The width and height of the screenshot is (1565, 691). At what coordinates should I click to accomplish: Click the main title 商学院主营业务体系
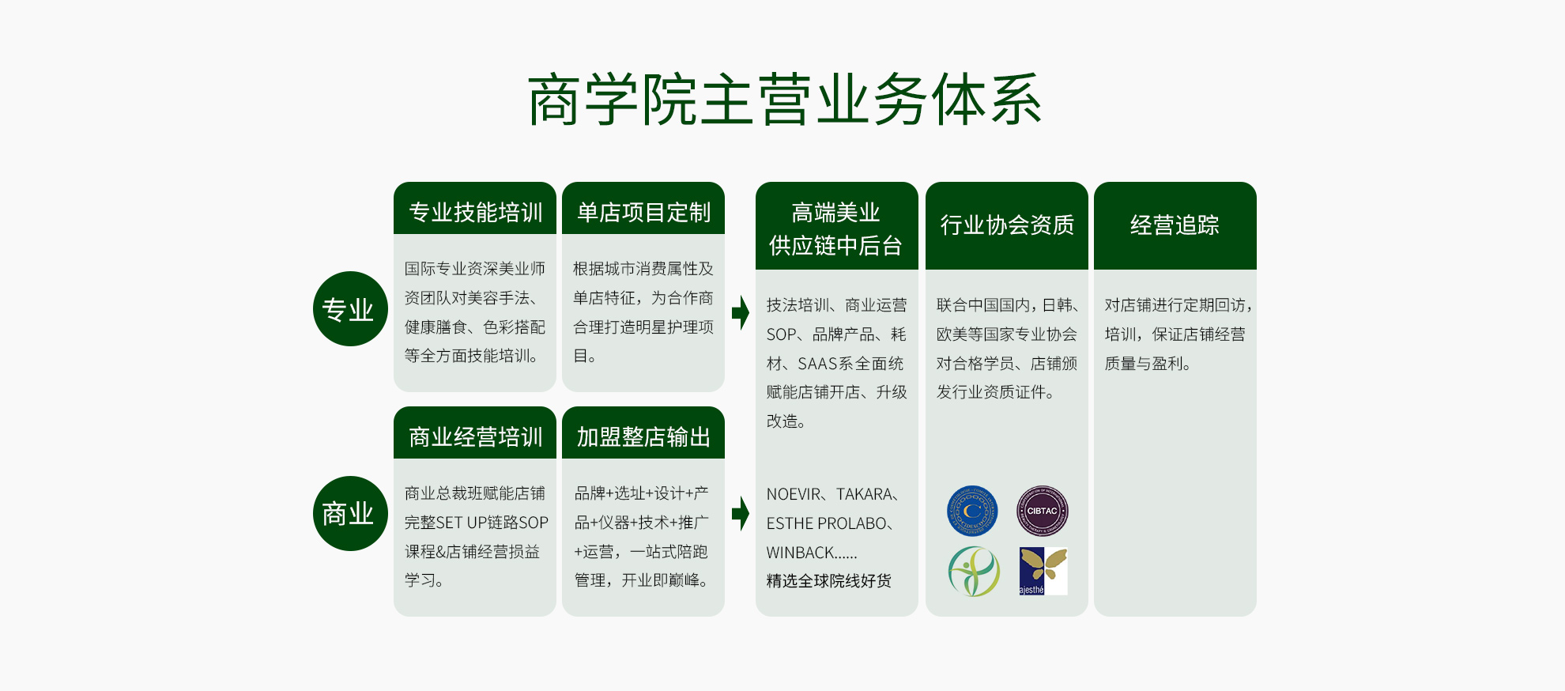(784, 100)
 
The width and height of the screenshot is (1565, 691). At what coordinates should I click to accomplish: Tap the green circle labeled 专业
(350, 308)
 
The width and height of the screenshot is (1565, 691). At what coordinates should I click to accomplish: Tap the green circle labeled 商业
(350, 513)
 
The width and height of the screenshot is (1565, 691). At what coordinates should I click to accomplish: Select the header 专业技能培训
(475, 212)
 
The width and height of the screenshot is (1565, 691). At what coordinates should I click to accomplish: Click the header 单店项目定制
(643, 212)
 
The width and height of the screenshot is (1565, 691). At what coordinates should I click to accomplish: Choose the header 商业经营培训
(475, 436)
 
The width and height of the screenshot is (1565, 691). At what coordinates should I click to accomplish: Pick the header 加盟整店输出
(643, 436)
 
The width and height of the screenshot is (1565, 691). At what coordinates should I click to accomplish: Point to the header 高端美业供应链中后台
(836, 228)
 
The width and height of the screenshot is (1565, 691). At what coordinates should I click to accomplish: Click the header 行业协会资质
(1007, 225)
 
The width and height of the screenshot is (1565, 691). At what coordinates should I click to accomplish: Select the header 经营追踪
(1175, 225)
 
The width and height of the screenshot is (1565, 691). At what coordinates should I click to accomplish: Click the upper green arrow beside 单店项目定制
(740, 312)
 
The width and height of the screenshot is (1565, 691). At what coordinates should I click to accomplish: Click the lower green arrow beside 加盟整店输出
(740, 514)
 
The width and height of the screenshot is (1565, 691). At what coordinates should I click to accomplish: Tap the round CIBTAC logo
(1042, 511)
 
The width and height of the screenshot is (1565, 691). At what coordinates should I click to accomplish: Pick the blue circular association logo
(972, 511)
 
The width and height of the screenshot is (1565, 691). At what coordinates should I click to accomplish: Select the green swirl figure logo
(974, 571)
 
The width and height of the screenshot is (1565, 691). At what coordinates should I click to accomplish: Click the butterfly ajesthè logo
(1043, 571)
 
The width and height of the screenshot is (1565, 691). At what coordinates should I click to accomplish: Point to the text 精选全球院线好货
(829, 581)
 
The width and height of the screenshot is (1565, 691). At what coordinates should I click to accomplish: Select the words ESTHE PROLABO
(827, 523)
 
